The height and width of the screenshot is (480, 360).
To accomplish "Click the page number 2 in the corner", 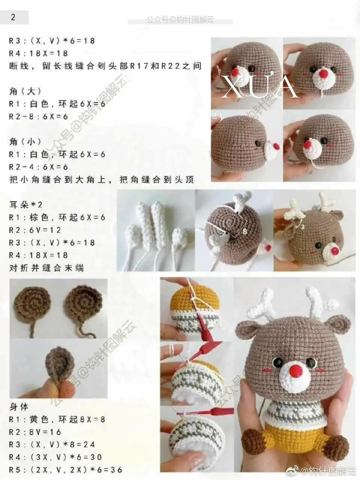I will (13, 17).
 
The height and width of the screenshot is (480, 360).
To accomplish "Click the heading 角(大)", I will (25, 91).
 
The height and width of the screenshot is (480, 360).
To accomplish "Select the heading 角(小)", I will (25, 142).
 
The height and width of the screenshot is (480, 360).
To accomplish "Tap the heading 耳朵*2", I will (26, 205).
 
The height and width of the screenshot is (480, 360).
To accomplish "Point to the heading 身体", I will (19, 407).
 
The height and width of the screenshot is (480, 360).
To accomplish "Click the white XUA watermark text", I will (259, 87).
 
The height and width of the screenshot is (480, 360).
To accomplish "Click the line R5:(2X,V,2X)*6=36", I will (65, 470).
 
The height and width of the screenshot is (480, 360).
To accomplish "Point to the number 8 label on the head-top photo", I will (244, 231).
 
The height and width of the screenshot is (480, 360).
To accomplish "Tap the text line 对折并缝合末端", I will (46, 268).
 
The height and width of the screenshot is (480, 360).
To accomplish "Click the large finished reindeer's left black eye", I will (278, 363).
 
